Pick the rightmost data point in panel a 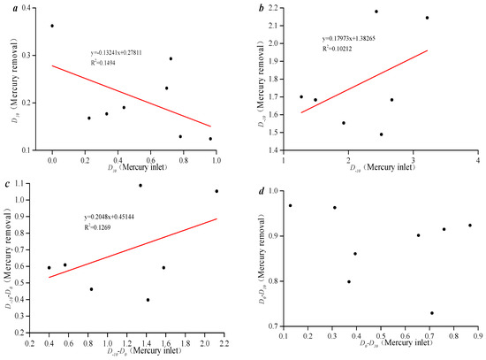click(210, 139)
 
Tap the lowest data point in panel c click(148, 300)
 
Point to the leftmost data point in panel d click(290, 205)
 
